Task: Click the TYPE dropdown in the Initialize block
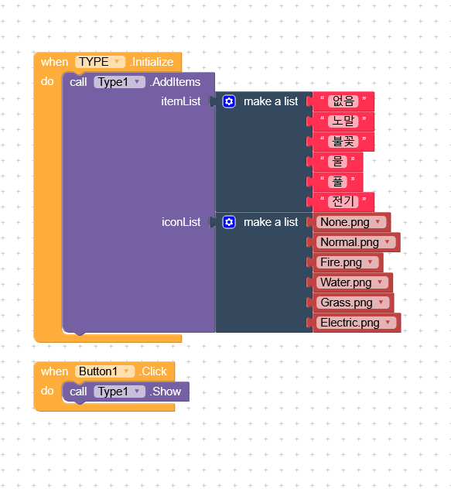[x=100, y=62]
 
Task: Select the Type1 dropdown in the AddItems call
[x=119, y=82]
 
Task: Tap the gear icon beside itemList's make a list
[x=229, y=101]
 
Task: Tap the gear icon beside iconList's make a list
[x=229, y=222]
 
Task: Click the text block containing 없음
[x=343, y=101]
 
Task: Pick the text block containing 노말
[x=343, y=121]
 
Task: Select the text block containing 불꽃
[x=343, y=142]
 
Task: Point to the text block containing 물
[x=337, y=162]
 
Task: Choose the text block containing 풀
[x=337, y=182]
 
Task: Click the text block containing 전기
[x=343, y=201]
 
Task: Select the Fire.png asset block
[x=348, y=262]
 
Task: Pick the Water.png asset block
[x=353, y=282]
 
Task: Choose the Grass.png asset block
[x=353, y=303]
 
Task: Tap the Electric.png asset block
[x=357, y=323]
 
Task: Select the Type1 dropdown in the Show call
[x=119, y=392]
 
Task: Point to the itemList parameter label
[x=180, y=101]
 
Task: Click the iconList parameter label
[x=181, y=222]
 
